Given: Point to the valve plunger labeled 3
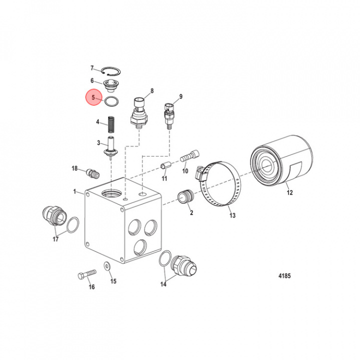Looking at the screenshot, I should point(109,148).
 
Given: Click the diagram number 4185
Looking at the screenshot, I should point(284,275).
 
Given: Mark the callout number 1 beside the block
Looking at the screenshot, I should point(75,191).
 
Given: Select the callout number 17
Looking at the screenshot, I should point(55,239).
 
